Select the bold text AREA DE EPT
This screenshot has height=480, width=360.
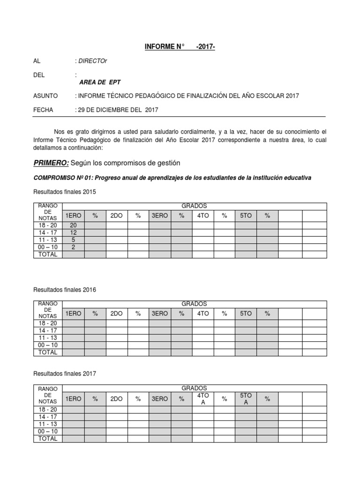[100, 82]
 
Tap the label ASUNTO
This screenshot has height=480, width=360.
[45, 96]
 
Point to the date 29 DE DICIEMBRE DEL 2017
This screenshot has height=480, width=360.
[118, 110]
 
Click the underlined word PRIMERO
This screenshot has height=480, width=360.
[51, 163]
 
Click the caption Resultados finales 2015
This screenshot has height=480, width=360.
[65, 192]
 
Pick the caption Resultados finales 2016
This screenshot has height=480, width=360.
[65, 290]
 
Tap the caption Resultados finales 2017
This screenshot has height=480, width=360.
[65, 374]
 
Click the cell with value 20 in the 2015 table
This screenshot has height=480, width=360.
[73, 225]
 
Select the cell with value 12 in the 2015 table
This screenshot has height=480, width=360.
[73, 233]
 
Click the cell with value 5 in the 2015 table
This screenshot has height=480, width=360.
[73, 240]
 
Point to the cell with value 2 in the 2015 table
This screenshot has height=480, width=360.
[73, 247]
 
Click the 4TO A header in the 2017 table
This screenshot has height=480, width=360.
[203, 399]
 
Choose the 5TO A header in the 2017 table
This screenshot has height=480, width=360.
[246, 399]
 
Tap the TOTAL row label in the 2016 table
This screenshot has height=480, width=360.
[47, 352]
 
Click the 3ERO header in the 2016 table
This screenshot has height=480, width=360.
[159, 314]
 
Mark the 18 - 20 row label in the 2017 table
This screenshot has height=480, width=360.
[47, 410]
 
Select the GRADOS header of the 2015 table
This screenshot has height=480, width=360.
[194, 206]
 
